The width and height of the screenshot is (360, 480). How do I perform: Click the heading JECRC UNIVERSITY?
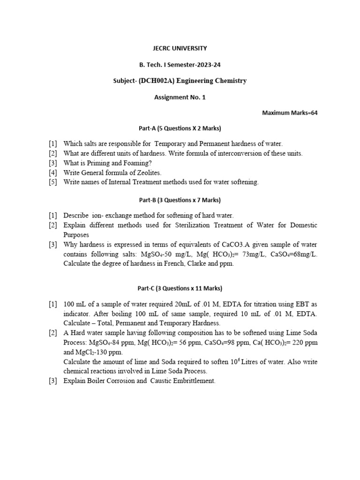[180, 48]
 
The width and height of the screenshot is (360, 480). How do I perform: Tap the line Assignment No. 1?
[180, 97]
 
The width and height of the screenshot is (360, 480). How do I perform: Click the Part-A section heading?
[180, 128]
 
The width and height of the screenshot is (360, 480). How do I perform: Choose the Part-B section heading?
[180, 200]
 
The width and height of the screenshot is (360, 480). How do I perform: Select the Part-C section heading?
[180, 288]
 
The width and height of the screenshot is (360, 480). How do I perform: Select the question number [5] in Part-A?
[52, 182]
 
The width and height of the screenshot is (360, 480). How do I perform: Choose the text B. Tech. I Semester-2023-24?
[180, 65]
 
